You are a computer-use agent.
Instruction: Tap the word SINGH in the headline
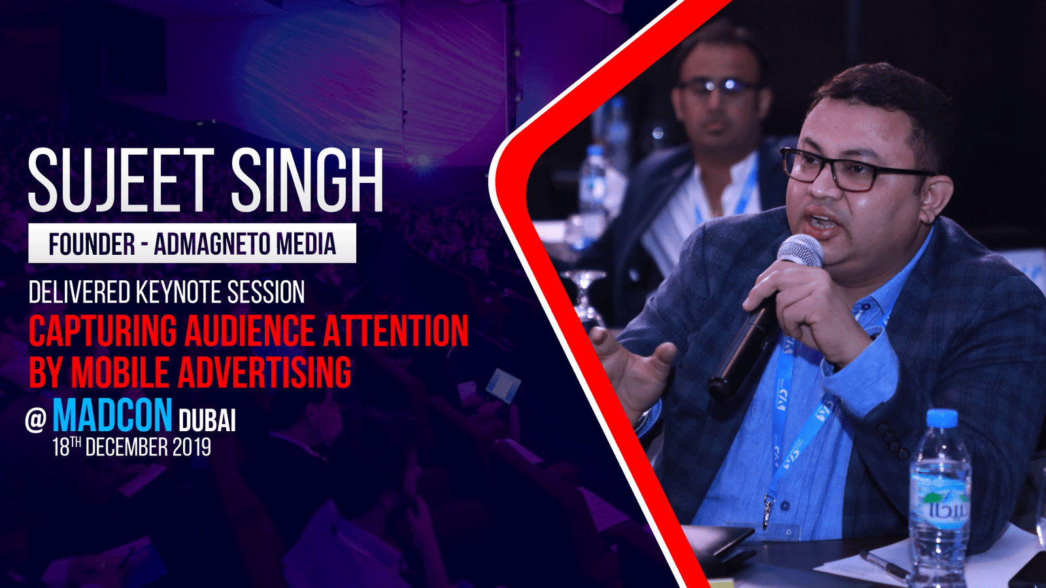307,180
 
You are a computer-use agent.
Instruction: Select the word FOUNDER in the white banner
92,244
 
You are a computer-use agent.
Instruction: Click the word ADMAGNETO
212,244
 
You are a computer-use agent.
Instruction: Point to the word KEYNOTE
179,292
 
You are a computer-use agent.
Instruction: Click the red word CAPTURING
103,331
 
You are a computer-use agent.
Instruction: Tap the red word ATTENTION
396,331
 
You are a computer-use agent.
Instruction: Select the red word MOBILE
120,372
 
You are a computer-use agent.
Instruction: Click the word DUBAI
207,421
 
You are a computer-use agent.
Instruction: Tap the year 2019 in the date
192,447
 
